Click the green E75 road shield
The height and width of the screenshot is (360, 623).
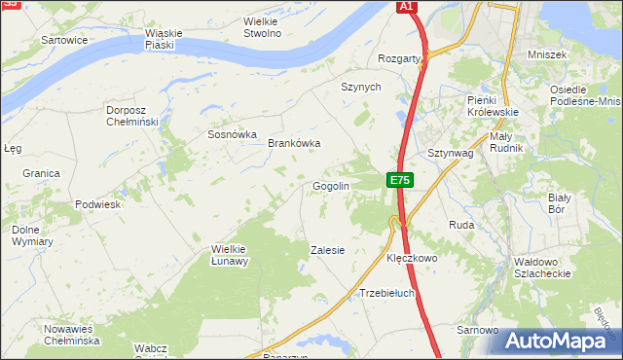pyautogui.click(x=400, y=180)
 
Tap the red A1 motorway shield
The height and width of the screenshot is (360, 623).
pyautogui.click(x=408, y=7)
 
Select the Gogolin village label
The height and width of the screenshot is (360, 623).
pyautogui.click(x=331, y=186)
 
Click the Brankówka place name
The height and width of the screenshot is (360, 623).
pyautogui.click(x=294, y=143)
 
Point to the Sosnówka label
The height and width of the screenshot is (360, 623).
pyautogui.click(x=232, y=134)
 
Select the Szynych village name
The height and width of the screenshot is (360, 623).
pyautogui.click(x=360, y=87)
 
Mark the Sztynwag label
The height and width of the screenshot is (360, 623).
pyautogui.click(x=450, y=154)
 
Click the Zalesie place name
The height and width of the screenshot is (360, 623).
pyautogui.click(x=327, y=250)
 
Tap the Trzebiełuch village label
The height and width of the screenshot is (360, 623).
pyautogui.click(x=387, y=292)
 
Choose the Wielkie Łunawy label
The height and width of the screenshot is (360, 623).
pyautogui.click(x=231, y=255)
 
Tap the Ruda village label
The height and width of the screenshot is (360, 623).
pyautogui.click(x=460, y=225)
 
